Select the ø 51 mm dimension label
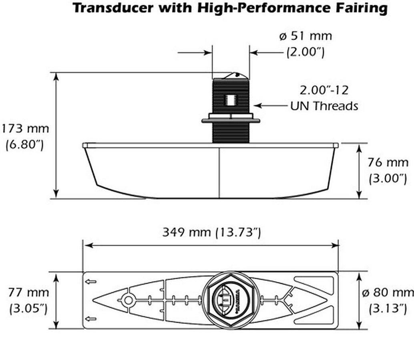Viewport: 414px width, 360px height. (305, 36)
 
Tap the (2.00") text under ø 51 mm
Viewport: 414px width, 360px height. (305, 52)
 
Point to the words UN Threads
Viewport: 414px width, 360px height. (324, 106)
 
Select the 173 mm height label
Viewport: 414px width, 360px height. (25, 129)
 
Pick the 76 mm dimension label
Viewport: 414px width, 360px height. (388, 162)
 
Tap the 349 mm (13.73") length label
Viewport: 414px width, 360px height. (211, 232)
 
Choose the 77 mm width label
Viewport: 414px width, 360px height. (29, 292)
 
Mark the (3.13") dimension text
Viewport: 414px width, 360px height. (388, 308)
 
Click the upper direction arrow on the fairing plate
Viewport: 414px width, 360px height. (91, 282)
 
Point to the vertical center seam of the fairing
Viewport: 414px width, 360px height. (219, 172)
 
